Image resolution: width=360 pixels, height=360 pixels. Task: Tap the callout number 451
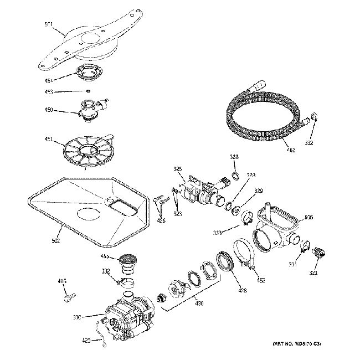pos(49,139)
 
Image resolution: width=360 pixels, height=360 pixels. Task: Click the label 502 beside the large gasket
pos(56,241)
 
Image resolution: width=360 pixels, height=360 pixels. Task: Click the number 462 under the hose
pos(289,148)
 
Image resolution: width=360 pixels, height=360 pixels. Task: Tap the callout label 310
pos(77,317)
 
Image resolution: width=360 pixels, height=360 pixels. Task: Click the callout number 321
pos(314,272)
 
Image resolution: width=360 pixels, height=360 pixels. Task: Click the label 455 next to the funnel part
pos(104,257)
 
